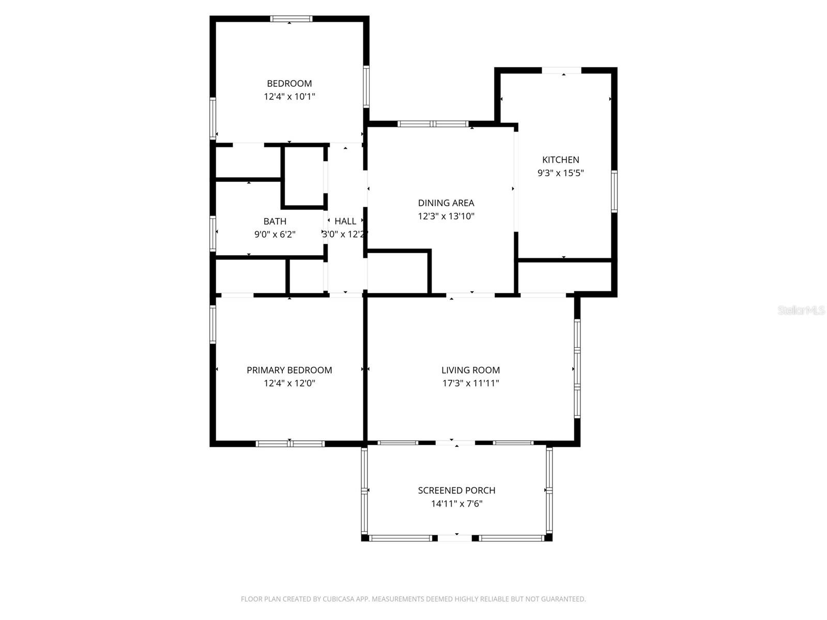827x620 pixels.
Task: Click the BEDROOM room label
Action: click(289, 83)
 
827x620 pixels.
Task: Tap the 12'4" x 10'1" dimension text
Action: click(289, 97)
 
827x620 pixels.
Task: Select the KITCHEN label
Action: click(560, 160)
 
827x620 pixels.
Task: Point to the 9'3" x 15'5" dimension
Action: click(560, 173)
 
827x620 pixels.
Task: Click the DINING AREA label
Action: click(446, 203)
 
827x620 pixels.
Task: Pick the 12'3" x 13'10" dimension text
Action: click(446, 216)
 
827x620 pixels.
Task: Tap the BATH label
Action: click(274, 221)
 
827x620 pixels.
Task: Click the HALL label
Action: click(345, 221)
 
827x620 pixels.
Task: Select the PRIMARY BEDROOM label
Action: click(289, 370)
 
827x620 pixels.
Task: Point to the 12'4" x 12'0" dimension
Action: click(289, 383)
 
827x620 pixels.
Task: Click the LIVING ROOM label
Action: click(470, 370)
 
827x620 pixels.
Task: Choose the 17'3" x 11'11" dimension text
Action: click(470, 383)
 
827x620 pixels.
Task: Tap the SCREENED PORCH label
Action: click(456, 490)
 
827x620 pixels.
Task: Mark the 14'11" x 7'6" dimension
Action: click(456, 504)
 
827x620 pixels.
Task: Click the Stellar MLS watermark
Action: click(801, 311)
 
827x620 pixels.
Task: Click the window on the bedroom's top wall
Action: click(292, 19)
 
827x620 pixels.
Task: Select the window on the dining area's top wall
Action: click(433, 124)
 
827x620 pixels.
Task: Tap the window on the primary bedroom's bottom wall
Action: click(290, 443)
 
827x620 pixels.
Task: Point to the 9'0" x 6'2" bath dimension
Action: click(274, 235)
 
